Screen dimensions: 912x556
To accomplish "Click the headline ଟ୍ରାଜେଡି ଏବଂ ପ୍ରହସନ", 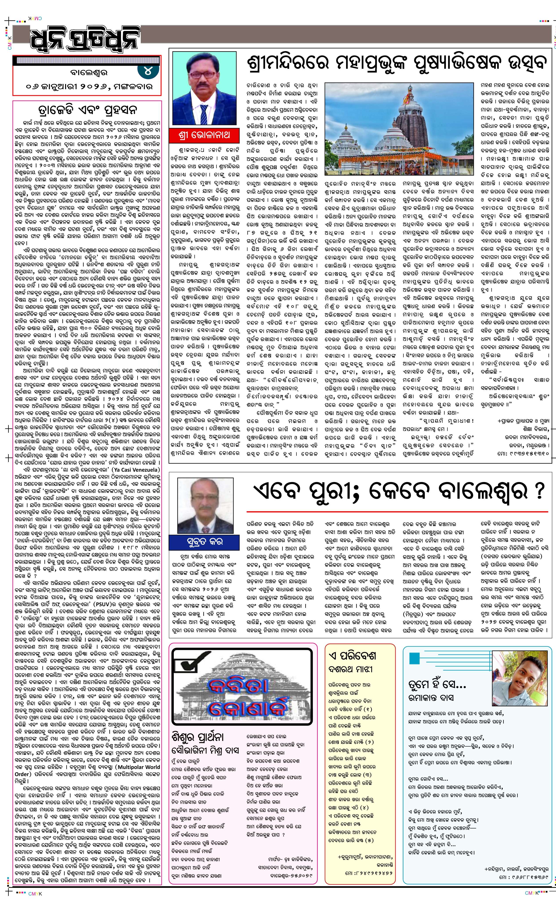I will click(x=87, y=110).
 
